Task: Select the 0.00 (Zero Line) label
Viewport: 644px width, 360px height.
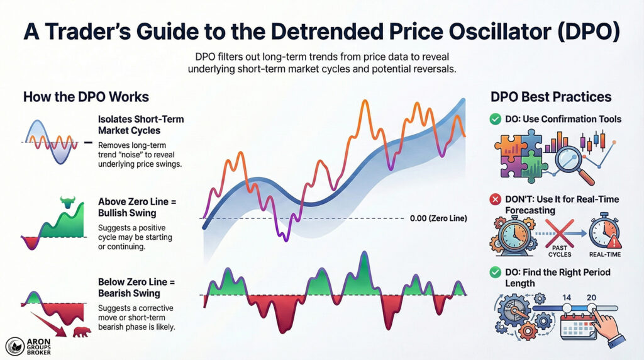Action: click(x=437, y=218)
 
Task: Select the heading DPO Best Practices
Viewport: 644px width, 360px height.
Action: click(x=550, y=97)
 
